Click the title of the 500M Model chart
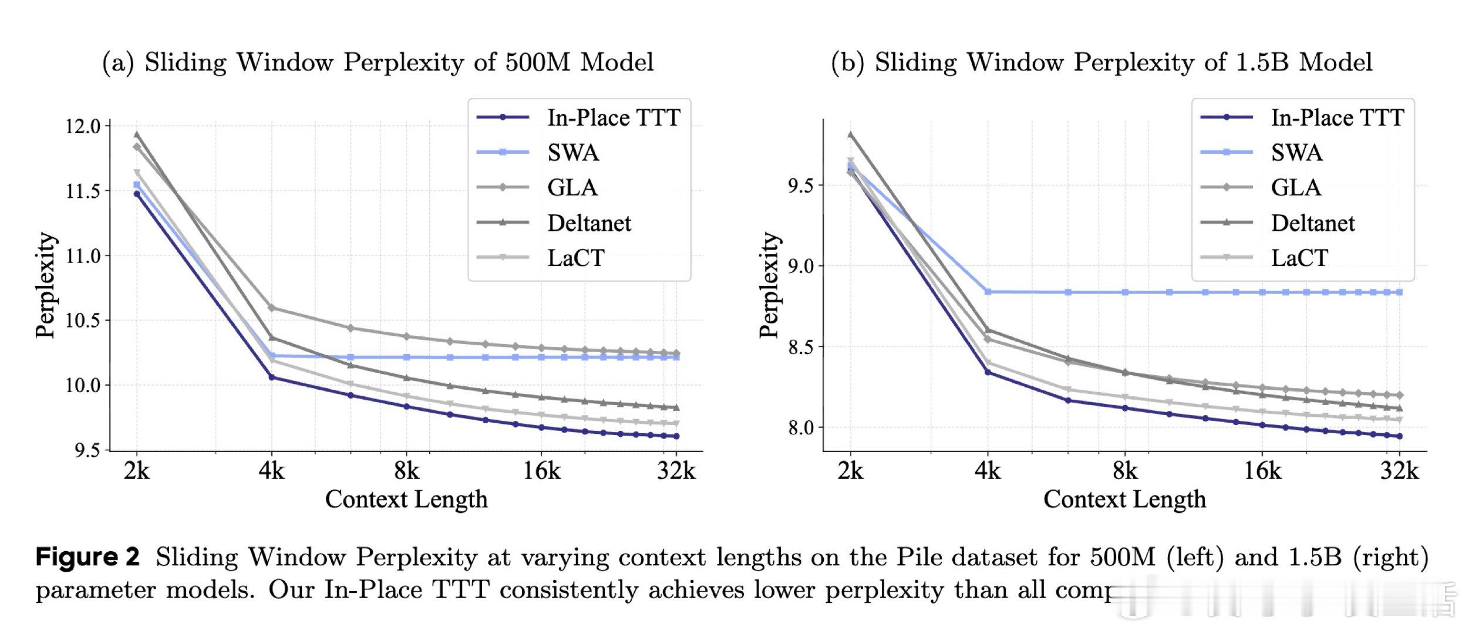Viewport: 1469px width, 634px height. point(378,62)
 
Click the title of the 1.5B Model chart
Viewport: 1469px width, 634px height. point(1101,62)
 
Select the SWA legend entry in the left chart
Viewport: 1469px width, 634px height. point(573,153)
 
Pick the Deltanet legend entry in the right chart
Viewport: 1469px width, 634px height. point(1313,223)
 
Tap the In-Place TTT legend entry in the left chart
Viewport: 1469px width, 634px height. point(614,117)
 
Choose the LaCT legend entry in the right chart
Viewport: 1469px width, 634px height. point(1299,258)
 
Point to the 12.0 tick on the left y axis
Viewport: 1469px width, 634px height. point(83,126)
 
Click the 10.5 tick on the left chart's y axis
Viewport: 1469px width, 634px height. point(83,321)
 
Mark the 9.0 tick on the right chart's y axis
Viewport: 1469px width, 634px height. point(800,266)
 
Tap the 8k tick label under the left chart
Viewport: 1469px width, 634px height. point(406,471)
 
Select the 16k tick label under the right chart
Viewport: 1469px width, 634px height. point(1262,471)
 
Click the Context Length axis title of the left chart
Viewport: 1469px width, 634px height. point(406,500)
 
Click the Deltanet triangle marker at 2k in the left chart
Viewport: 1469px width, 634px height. point(137,134)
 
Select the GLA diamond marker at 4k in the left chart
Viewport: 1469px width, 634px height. point(271,308)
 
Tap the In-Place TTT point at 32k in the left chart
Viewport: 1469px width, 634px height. point(676,436)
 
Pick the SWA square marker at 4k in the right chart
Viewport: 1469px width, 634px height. point(988,292)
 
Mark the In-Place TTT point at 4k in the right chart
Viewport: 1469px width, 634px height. point(988,372)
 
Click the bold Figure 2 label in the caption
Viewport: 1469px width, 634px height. point(88,557)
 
